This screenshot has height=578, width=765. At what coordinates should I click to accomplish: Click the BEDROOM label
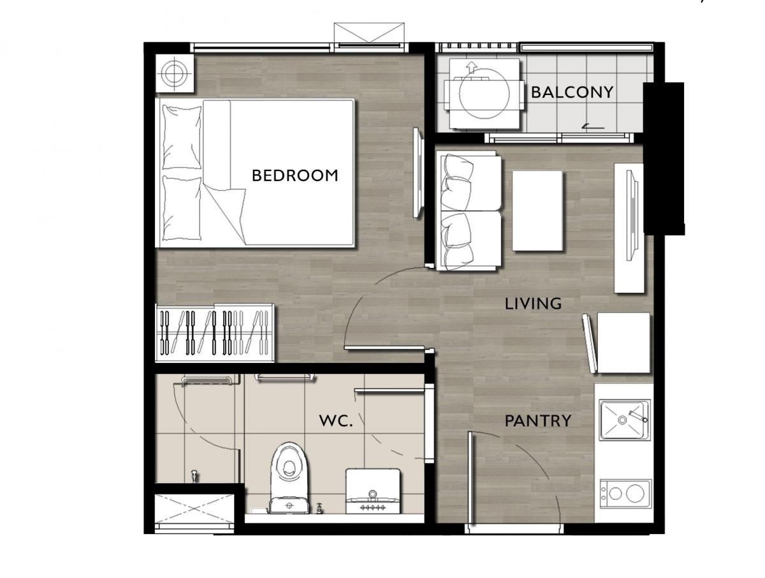click(x=295, y=175)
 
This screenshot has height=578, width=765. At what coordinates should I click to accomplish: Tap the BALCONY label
click(x=572, y=93)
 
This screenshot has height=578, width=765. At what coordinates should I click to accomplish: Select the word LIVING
click(x=533, y=304)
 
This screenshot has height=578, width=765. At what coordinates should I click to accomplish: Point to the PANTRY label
click(x=538, y=421)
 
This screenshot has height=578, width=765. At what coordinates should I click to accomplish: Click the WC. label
click(x=336, y=421)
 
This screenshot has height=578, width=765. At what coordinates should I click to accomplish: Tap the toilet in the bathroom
click(x=289, y=477)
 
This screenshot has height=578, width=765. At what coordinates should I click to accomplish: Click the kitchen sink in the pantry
click(x=625, y=419)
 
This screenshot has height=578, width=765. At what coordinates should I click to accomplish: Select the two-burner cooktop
click(x=625, y=494)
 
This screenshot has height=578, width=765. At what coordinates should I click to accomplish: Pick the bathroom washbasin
click(x=372, y=491)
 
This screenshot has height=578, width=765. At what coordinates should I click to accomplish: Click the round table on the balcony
click(x=484, y=94)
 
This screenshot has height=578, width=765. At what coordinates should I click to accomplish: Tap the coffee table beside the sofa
click(x=537, y=211)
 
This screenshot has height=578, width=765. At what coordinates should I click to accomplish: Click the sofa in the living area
click(x=469, y=211)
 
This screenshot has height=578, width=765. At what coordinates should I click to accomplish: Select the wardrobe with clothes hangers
click(x=215, y=332)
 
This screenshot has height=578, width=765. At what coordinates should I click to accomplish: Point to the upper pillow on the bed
click(x=182, y=137)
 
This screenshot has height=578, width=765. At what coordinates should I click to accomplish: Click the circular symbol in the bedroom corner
click(x=173, y=73)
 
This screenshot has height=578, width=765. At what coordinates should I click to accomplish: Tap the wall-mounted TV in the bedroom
click(x=418, y=173)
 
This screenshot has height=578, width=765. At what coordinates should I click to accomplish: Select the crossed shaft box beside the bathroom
click(x=194, y=509)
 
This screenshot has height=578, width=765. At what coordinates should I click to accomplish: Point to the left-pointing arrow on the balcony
click(x=594, y=127)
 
